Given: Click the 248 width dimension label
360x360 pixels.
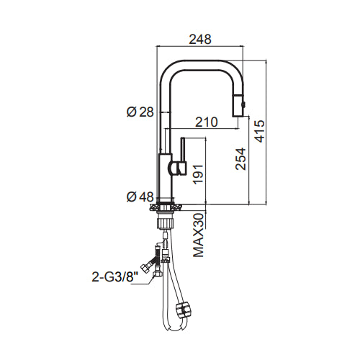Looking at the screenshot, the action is point(200,40).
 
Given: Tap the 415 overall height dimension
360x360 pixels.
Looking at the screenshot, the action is point(260,131).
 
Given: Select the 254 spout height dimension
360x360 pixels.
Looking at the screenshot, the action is point(240,159).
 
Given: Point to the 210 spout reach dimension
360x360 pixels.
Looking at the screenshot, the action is point(207,122).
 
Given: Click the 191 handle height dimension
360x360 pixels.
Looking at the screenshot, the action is point(198,174).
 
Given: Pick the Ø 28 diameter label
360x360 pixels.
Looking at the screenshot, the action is point(140,112).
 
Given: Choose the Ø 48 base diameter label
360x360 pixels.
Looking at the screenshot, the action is point(140,197).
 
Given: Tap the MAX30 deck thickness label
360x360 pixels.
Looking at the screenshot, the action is point(199,235).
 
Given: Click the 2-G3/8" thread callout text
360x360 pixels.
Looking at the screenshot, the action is point(116,277).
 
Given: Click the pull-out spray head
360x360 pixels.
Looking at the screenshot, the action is point(238,106).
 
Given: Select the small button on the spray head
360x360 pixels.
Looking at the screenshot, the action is point(244,104).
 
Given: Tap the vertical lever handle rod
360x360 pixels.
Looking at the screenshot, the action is point(183,149).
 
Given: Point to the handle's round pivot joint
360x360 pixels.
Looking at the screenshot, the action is point(174,168).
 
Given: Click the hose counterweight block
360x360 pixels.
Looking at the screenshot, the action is point(184,310).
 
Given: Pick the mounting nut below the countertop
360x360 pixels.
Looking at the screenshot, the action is point(165,222).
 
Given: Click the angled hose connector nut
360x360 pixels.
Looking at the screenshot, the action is point(146,268).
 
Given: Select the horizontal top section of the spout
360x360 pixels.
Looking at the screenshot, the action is point(201,65).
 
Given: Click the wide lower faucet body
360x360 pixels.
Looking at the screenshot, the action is point(166,175).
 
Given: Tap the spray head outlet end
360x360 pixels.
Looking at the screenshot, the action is point(238,117).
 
